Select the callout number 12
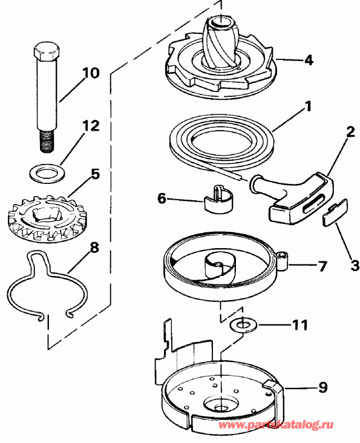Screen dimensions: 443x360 (x=90, y=126)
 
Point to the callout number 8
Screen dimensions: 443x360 (x=94, y=248)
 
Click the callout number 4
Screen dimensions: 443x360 (x=309, y=61)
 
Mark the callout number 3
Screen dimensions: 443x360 (x=353, y=264)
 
